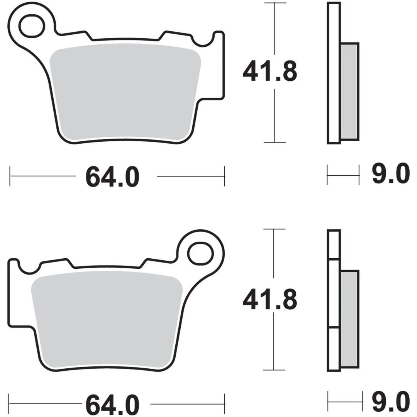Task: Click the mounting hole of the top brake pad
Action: [31, 26]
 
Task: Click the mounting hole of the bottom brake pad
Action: [200, 253]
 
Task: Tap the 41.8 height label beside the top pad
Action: [270, 71]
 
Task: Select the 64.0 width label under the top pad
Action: [112, 176]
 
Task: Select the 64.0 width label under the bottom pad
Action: [112, 404]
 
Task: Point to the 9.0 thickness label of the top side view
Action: [391, 174]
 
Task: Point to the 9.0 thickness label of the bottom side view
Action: [391, 402]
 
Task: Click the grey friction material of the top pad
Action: [125, 92]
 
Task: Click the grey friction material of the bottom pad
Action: [107, 319]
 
